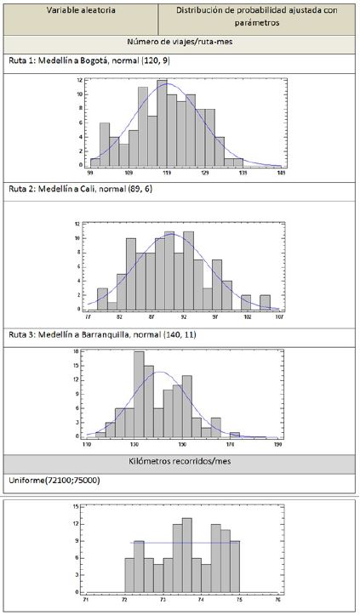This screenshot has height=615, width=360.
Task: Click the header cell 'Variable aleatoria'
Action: coord(82,9)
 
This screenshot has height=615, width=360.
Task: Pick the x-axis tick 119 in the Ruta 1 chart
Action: coord(167,173)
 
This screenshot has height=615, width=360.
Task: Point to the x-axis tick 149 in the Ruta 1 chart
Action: coord(281,173)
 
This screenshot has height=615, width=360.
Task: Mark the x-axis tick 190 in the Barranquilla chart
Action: coord(278,444)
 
